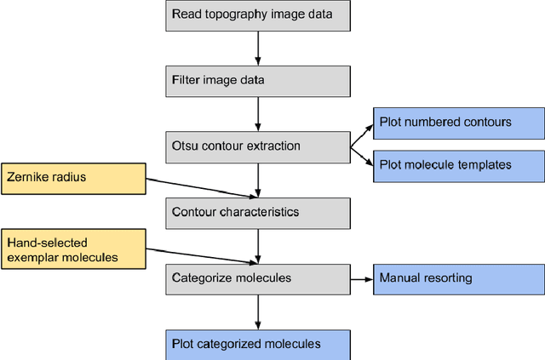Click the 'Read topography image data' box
point(256,14)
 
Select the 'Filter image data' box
point(256,80)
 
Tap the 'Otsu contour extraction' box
point(256,146)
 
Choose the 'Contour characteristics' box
point(256,212)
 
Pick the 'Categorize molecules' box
point(256,277)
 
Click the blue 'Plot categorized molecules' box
point(256,344)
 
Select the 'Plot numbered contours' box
point(458,123)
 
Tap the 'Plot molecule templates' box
point(458,165)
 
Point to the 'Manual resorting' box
point(458,277)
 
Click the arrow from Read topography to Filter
point(256,47)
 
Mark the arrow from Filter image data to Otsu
point(256,112)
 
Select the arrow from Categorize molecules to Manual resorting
point(361,277)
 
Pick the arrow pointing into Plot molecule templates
point(363,156)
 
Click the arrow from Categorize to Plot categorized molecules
point(256,311)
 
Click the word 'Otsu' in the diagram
point(185,146)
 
